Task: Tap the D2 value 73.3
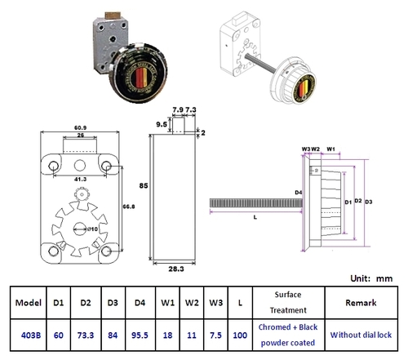coord(84,334)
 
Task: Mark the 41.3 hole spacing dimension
coord(78,177)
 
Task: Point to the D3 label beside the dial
coord(370,201)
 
